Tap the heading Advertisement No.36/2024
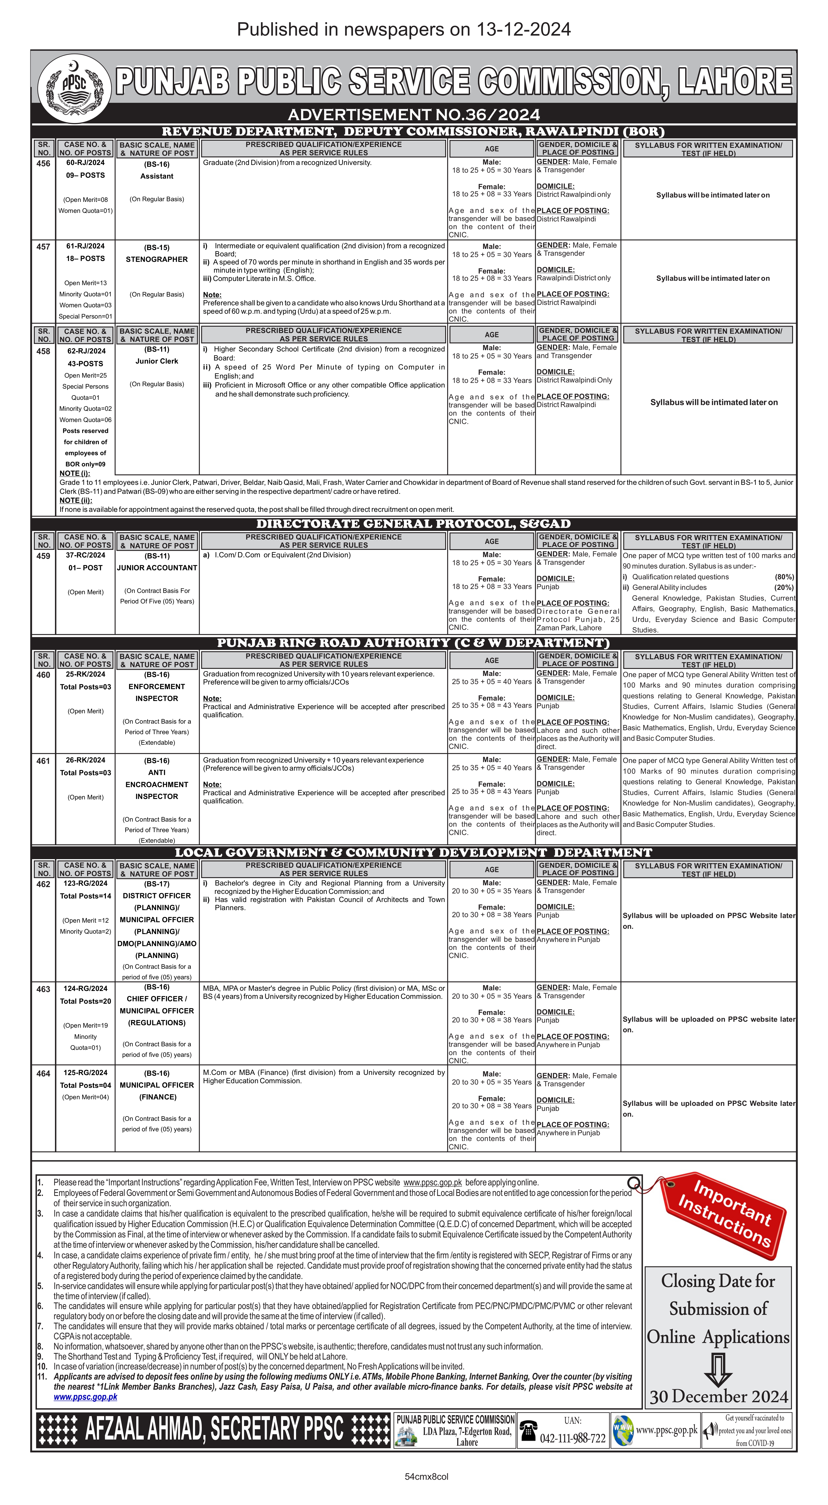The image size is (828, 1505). click(x=414, y=114)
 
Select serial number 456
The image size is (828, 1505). click(x=43, y=164)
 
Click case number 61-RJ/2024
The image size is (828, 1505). click(x=85, y=246)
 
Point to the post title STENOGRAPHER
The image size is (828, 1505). click(x=157, y=259)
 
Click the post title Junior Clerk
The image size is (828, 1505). click(x=157, y=361)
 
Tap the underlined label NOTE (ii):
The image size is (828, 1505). click(x=75, y=500)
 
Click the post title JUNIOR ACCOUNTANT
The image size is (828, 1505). click(x=157, y=568)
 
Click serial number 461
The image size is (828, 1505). click(x=43, y=761)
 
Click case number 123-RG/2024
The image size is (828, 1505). click(x=85, y=883)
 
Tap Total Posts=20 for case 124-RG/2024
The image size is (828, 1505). click(x=85, y=1001)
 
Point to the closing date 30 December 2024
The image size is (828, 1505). click(x=719, y=1397)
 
